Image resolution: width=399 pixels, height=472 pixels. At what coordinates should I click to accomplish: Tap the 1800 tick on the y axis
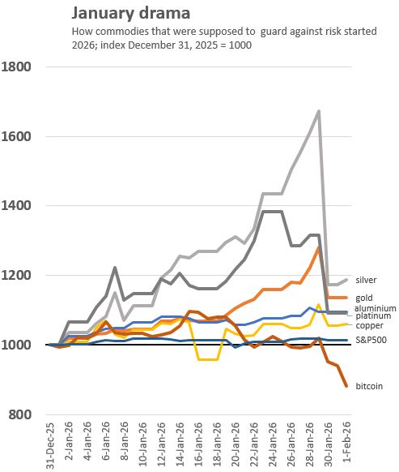pyautogui.click(x=19, y=67)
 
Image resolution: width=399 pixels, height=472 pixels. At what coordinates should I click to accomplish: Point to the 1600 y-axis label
pyautogui.click(x=19, y=136)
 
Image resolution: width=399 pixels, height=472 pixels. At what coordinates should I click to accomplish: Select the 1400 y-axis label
pyautogui.click(x=19, y=206)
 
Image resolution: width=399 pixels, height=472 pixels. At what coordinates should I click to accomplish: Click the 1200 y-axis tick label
pyautogui.click(x=19, y=276)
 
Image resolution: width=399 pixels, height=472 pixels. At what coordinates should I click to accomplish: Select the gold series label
pyautogui.click(x=366, y=298)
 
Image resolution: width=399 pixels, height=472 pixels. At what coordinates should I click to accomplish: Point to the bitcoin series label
pyautogui.click(x=369, y=387)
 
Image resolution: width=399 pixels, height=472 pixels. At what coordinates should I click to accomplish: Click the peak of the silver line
pyautogui.click(x=319, y=111)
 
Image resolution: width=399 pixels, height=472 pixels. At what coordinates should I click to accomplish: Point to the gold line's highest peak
pyautogui.click(x=319, y=247)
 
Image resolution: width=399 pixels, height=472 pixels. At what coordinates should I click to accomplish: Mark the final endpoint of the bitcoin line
pyautogui.click(x=347, y=386)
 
